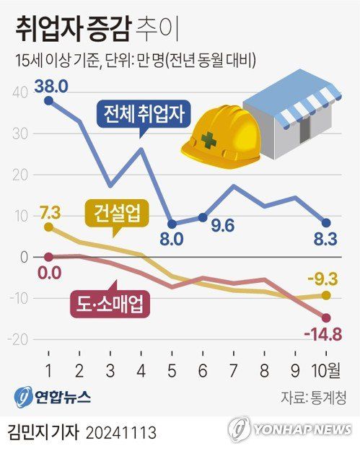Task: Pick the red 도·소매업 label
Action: pyautogui.click(x=109, y=303)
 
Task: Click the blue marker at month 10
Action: pyautogui.click(x=326, y=222)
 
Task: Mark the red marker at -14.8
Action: pyautogui.click(x=326, y=318)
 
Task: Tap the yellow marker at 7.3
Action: pyautogui.click(x=48, y=227)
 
